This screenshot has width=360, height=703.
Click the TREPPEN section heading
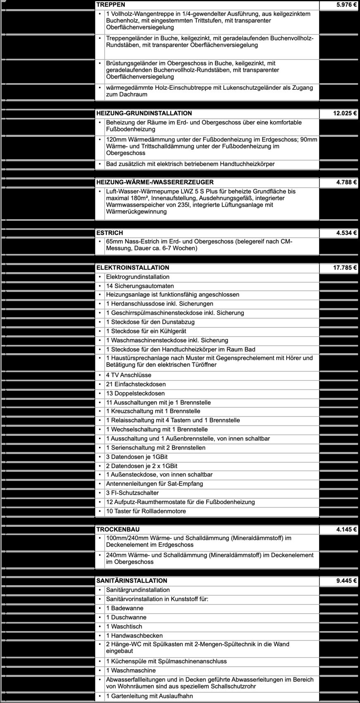point(111,5)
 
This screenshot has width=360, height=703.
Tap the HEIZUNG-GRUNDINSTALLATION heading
point(144,113)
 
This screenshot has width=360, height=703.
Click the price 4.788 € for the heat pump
point(347,182)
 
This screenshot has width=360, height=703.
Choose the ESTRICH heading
point(110,233)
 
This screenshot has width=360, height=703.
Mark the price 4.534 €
point(347,233)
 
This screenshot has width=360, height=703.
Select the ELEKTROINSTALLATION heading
point(133,268)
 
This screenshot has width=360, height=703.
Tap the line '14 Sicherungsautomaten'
point(140,286)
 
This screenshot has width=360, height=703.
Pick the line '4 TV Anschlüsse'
point(129,375)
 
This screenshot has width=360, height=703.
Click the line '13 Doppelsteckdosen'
point(135,394)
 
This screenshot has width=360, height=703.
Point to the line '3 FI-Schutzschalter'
point(132,493)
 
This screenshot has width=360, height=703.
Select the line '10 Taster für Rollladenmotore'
point(146,511)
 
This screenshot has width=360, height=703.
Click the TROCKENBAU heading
point(118,530)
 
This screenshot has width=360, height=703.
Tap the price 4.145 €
point(347,530)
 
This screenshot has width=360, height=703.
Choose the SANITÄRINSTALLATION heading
point(132,581)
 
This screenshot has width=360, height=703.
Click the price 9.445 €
point(347,581)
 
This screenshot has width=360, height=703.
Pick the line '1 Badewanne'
point(125,608)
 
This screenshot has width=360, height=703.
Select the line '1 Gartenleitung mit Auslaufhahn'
point(149,696)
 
